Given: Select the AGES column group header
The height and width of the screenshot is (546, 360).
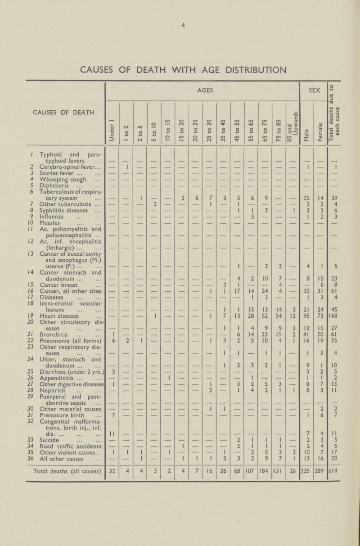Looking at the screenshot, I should coord(201,90).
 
